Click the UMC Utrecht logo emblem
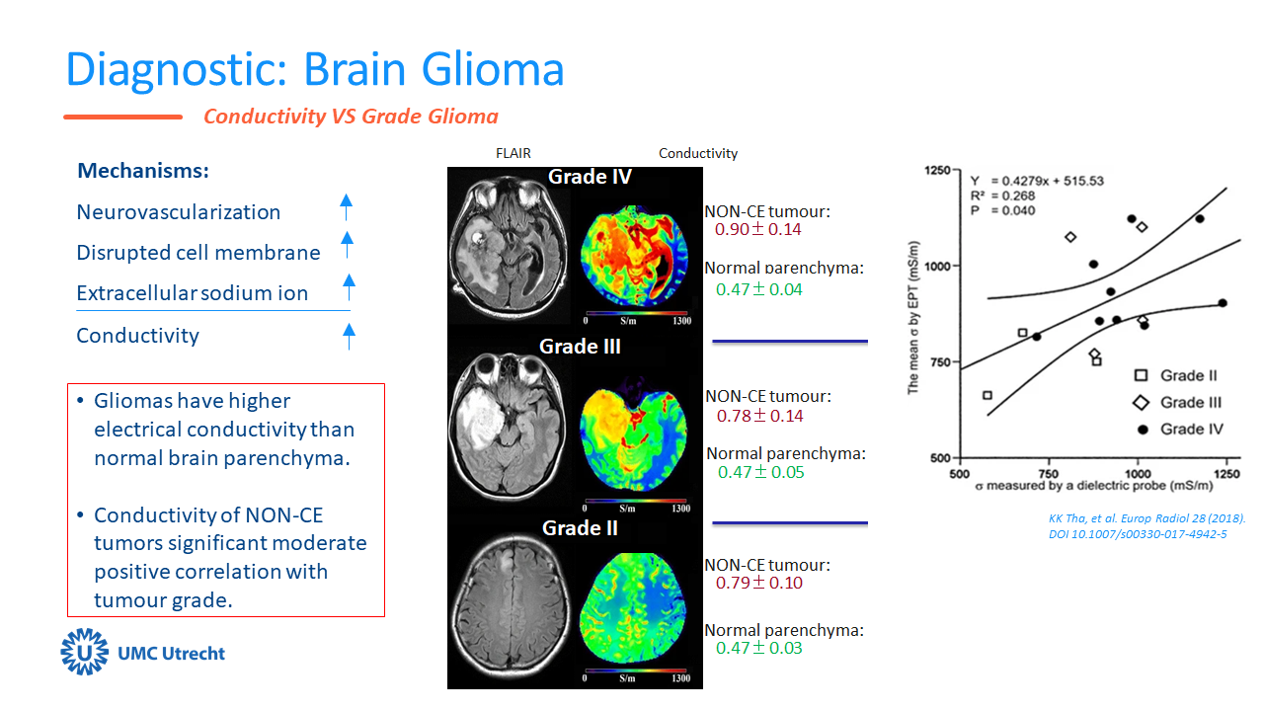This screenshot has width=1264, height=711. coord(83,652)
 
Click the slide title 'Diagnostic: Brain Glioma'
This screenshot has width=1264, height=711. coord(314,68)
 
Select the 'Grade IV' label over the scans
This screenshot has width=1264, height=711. coord(591,177)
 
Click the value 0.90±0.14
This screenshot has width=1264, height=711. coord(758,230)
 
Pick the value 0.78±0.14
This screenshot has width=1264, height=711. coord(759,416)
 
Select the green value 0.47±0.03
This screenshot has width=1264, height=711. coord(758,648)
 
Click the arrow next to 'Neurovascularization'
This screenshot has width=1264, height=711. coord(346,207)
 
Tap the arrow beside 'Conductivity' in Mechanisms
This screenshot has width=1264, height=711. coord(349,336)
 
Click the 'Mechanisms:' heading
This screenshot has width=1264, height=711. coord(143,171)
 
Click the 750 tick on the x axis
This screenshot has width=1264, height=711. coord(1048,474)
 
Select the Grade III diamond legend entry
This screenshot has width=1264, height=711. coord(1142,402)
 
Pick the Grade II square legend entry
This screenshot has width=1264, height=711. coord(1142,375)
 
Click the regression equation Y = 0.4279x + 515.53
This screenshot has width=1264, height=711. coord(1036,181)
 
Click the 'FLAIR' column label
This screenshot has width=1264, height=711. coord(514,153)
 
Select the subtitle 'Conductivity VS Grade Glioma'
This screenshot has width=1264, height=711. coord(351,117)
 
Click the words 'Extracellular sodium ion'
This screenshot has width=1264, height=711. coord(193,293)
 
